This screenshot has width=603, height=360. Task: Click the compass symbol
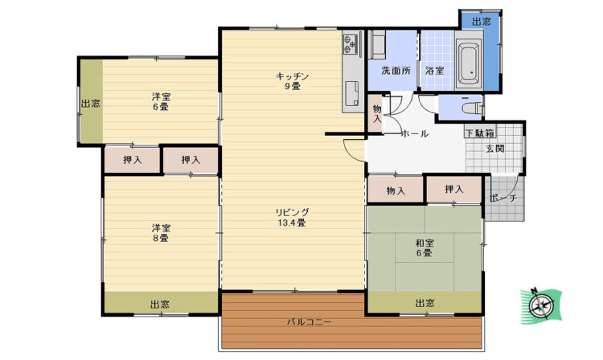point(541,306)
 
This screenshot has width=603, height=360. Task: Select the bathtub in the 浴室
point(469,63)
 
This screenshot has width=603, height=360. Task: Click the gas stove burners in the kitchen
point(351,43)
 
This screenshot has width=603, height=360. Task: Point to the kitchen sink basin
point(352,93)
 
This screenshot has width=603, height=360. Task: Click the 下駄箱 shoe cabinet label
point(479,133)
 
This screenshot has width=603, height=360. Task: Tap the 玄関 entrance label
point(495,149)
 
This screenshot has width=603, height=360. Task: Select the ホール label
point(415,133)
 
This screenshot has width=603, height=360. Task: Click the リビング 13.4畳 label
point(293,217)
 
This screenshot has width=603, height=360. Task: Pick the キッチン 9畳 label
point(293,81)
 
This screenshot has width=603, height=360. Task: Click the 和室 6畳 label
point(425,247)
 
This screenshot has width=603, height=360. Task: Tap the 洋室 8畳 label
point(160,233)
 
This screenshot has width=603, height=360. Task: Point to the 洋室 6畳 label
point(160,101)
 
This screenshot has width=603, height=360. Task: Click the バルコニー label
point(310,322)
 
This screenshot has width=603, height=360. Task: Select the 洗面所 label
point(396,71)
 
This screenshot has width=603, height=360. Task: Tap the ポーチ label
point(503,198)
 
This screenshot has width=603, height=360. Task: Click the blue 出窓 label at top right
point(482,22)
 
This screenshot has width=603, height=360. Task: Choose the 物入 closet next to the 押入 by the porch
point(396,190)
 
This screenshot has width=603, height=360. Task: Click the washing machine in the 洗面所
point(378,44)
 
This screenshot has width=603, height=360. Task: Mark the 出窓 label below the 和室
point(425,303)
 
